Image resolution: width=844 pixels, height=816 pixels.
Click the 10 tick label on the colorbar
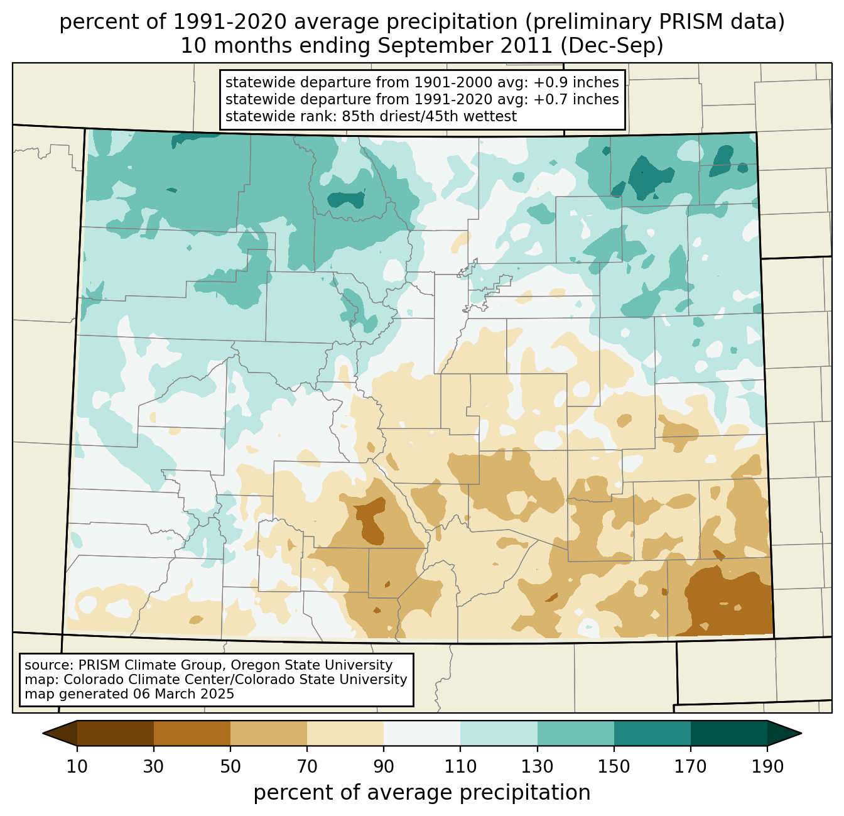[x=77, y=766]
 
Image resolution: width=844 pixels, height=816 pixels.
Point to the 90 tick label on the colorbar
[x=384, y=766]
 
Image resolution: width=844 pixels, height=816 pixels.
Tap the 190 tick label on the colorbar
[x=767, y=766]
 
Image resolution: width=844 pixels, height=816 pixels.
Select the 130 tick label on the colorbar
[x=538, y=766]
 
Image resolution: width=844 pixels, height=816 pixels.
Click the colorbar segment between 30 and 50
[x=192, y=733]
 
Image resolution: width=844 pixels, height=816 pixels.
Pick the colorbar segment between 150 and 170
[x=652, y=733]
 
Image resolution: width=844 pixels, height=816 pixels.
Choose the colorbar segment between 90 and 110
[x=422, y=733]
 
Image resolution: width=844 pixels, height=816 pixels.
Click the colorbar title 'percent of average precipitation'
[x=422, y=793]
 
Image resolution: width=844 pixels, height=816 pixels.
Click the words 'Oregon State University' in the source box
[x=312, y=665]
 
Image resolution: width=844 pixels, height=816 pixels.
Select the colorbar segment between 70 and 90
[x=345, y=733]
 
